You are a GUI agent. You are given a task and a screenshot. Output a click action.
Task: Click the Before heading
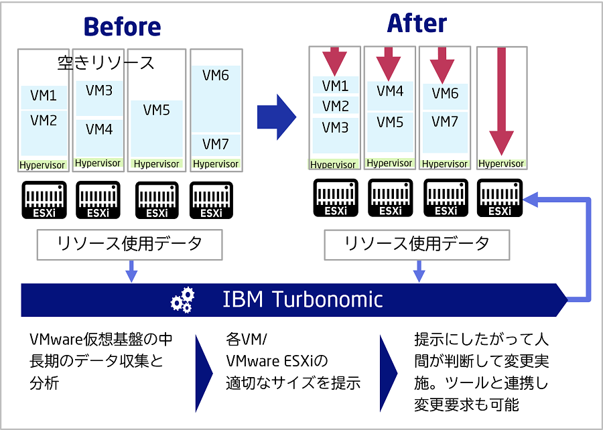(x=122, y=27)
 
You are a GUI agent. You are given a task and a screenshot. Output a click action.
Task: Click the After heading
(x=417, y=24)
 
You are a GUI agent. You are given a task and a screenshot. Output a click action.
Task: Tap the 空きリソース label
(x=106, y=63)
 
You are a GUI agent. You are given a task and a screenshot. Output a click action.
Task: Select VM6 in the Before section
(x=215, y=76)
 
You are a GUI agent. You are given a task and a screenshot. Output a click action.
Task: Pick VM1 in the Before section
(x=44, y=96)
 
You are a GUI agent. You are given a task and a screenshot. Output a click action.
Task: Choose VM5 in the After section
(x=390, y=122)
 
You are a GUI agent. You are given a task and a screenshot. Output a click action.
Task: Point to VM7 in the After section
(x=445, y=121)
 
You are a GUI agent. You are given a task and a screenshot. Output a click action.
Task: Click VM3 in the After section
(x=335, y=127)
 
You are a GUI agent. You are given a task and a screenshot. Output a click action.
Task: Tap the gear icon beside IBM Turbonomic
(x=182, y=299)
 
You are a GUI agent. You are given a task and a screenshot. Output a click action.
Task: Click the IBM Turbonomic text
(x=302, y=299)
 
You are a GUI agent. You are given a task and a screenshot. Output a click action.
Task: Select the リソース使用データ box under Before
(x=129, y=245)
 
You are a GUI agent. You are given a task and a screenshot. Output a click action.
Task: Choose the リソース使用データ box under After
(x=416, y=245)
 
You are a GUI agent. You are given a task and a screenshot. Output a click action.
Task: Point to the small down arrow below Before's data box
(x=132, y=271)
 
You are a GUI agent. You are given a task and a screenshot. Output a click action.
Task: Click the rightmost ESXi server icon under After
(x=500, y=198)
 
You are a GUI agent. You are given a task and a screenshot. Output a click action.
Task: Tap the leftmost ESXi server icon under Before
(x=44, y=200)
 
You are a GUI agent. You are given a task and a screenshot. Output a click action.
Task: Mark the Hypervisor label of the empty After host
(x=500, y=163)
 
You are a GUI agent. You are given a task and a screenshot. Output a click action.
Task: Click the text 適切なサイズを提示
(x=293, y=383)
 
